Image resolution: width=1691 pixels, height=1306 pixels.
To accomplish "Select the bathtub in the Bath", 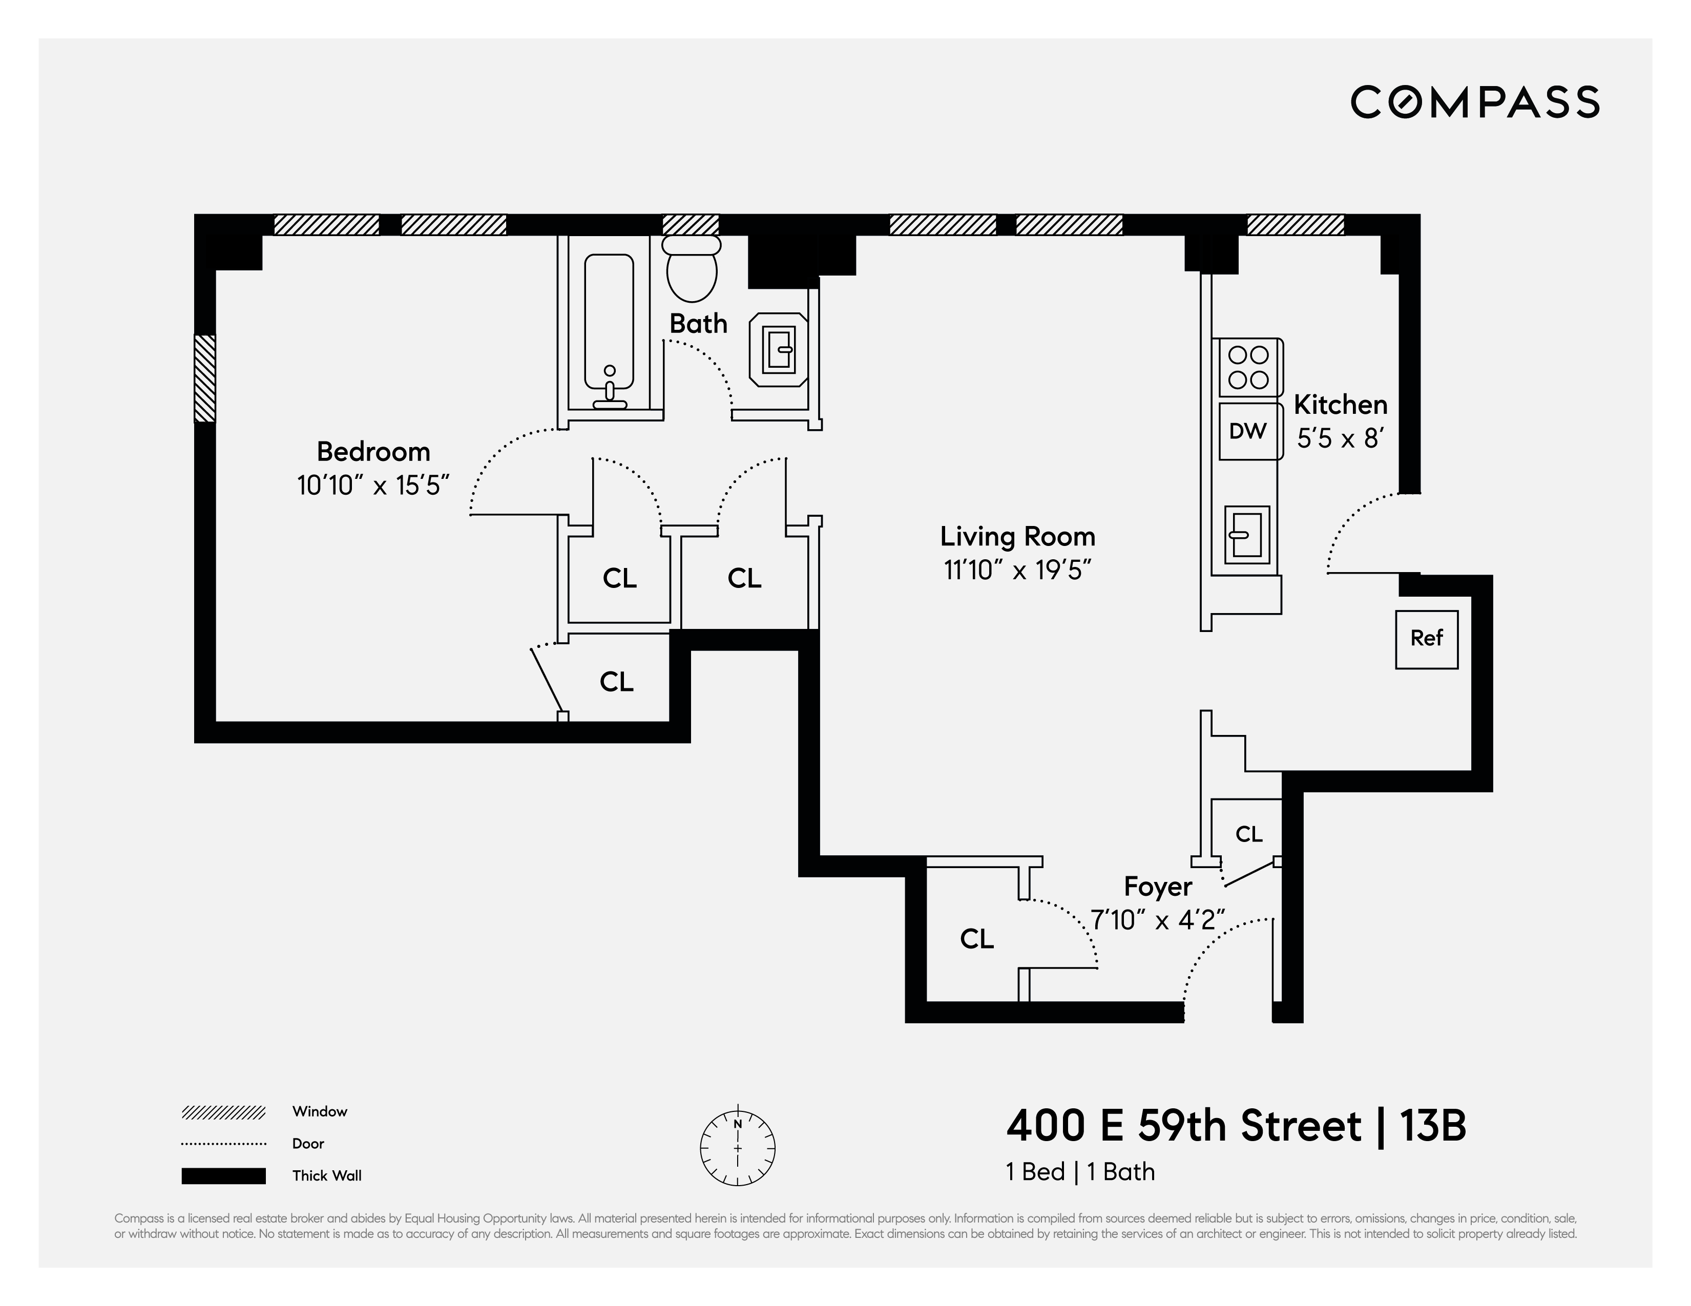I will coord(610,329).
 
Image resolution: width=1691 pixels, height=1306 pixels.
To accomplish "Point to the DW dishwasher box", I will coord(1248,431).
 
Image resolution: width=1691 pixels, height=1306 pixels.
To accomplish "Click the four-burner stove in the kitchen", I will coord(1248,367).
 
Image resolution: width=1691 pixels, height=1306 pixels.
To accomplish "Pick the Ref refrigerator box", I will coord(1426,639).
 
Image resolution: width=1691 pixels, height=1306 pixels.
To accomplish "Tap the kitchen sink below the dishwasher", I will coord(1246,534).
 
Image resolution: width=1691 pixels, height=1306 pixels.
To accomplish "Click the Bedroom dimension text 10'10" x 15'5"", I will coord(373,486).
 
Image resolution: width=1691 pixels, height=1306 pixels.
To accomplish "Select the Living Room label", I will coord(1017,537).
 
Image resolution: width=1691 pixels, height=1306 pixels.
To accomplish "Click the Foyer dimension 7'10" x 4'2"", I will coord(1158,920).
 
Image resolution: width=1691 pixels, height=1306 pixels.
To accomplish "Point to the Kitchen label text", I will coord(1340,405).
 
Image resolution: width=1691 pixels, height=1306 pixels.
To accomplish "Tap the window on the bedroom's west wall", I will coord(204,378).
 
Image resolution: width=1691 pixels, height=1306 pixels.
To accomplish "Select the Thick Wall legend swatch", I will coord(224,1175).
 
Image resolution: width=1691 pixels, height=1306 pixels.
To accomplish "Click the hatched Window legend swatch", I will coord(224,1112).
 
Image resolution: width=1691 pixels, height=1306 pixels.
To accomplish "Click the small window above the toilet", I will coord(691,224).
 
